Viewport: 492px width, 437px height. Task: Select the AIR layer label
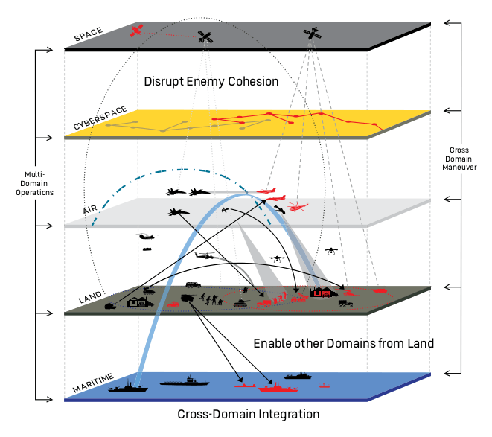[90, 211]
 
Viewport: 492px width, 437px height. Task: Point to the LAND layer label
[90, 299]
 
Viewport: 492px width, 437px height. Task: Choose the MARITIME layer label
[93, 387]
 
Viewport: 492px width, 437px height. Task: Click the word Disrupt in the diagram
[162, 81]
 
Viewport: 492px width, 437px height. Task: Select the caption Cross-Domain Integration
[249, 414]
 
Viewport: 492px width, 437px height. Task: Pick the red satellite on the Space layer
[136, 31]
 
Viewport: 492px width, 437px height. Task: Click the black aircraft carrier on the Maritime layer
[185, 383]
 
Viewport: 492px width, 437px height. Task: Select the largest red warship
[276, 386]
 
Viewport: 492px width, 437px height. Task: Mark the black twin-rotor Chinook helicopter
[147, 237]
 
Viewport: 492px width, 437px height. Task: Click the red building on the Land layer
[321, 292]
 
